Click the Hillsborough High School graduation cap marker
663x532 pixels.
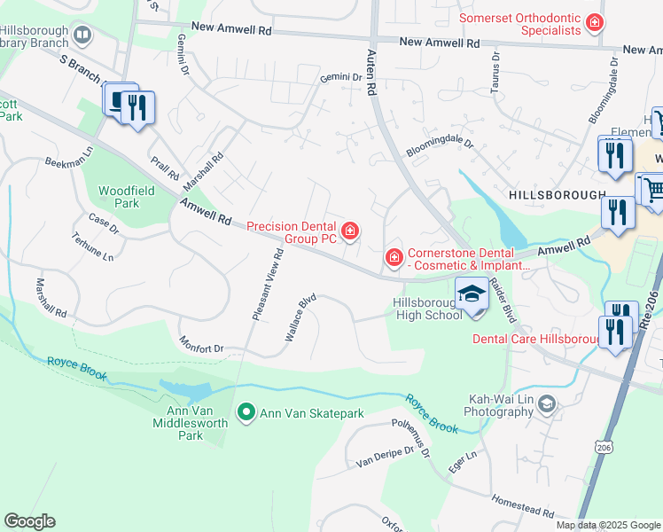(x=472, y=293)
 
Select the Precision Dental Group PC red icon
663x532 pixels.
(x=351, y=232)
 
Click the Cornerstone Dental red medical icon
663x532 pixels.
(x=394, y=257)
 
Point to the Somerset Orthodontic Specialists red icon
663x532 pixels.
(x=596, y=21)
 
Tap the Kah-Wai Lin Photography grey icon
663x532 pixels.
(x=547, y=404)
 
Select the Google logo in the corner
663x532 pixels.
(x=29, y=521)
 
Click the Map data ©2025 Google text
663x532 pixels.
(x=608, y=525)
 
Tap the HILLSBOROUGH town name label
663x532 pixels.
(x=557, y=194)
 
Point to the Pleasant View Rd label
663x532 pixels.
(x=268, y=284)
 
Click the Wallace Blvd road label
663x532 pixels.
(x=300, y=318)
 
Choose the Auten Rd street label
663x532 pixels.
(x=371, y=73)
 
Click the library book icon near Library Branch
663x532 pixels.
(x=82, y=35)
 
